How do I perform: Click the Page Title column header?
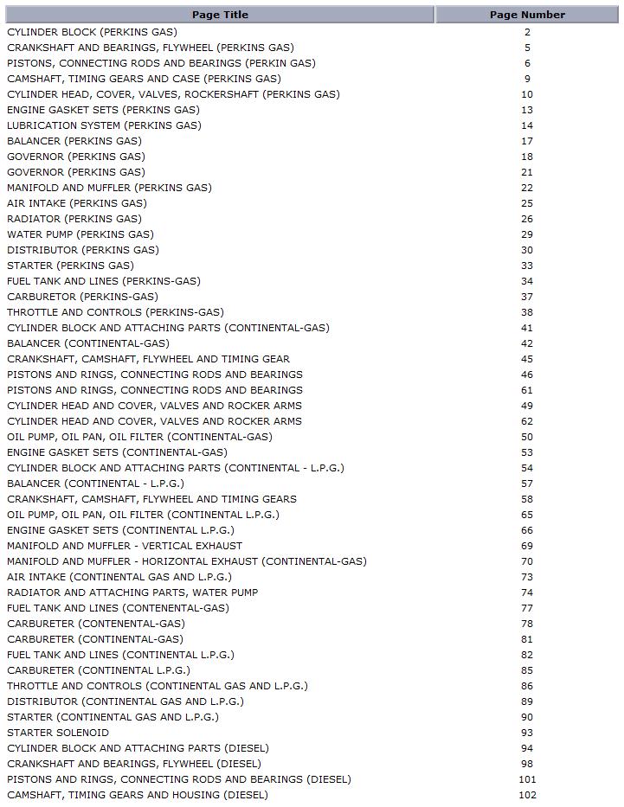[x=220, y=15]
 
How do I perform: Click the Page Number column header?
[x=527, y=15]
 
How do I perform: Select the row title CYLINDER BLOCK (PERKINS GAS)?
[x=92, y=32]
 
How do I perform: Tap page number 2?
[x=527, y=32]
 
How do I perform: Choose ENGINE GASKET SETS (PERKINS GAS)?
[x=103, y=110]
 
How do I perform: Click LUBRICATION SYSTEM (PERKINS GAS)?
[x=104, y=125]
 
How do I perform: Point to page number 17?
[x=527, y=141]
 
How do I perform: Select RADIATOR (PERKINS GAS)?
[x=74, y=219]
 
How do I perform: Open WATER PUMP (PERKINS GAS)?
[x=80, y=234]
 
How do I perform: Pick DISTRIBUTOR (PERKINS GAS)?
[x=83, y=250]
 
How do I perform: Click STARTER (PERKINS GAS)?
[x=70, y=266]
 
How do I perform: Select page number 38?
[x=527, y=312]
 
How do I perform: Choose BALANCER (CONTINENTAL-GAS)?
[x=88, y=343]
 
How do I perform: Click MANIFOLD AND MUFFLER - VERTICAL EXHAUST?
[x=125, y=546]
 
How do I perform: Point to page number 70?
[x=527, y=561]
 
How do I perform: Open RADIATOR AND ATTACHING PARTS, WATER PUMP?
[x=132, y=592]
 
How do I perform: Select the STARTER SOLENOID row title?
[x=58, y=733]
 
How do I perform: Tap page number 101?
[x=527, y=779]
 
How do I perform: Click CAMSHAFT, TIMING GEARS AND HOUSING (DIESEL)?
[x=138, y=795]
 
